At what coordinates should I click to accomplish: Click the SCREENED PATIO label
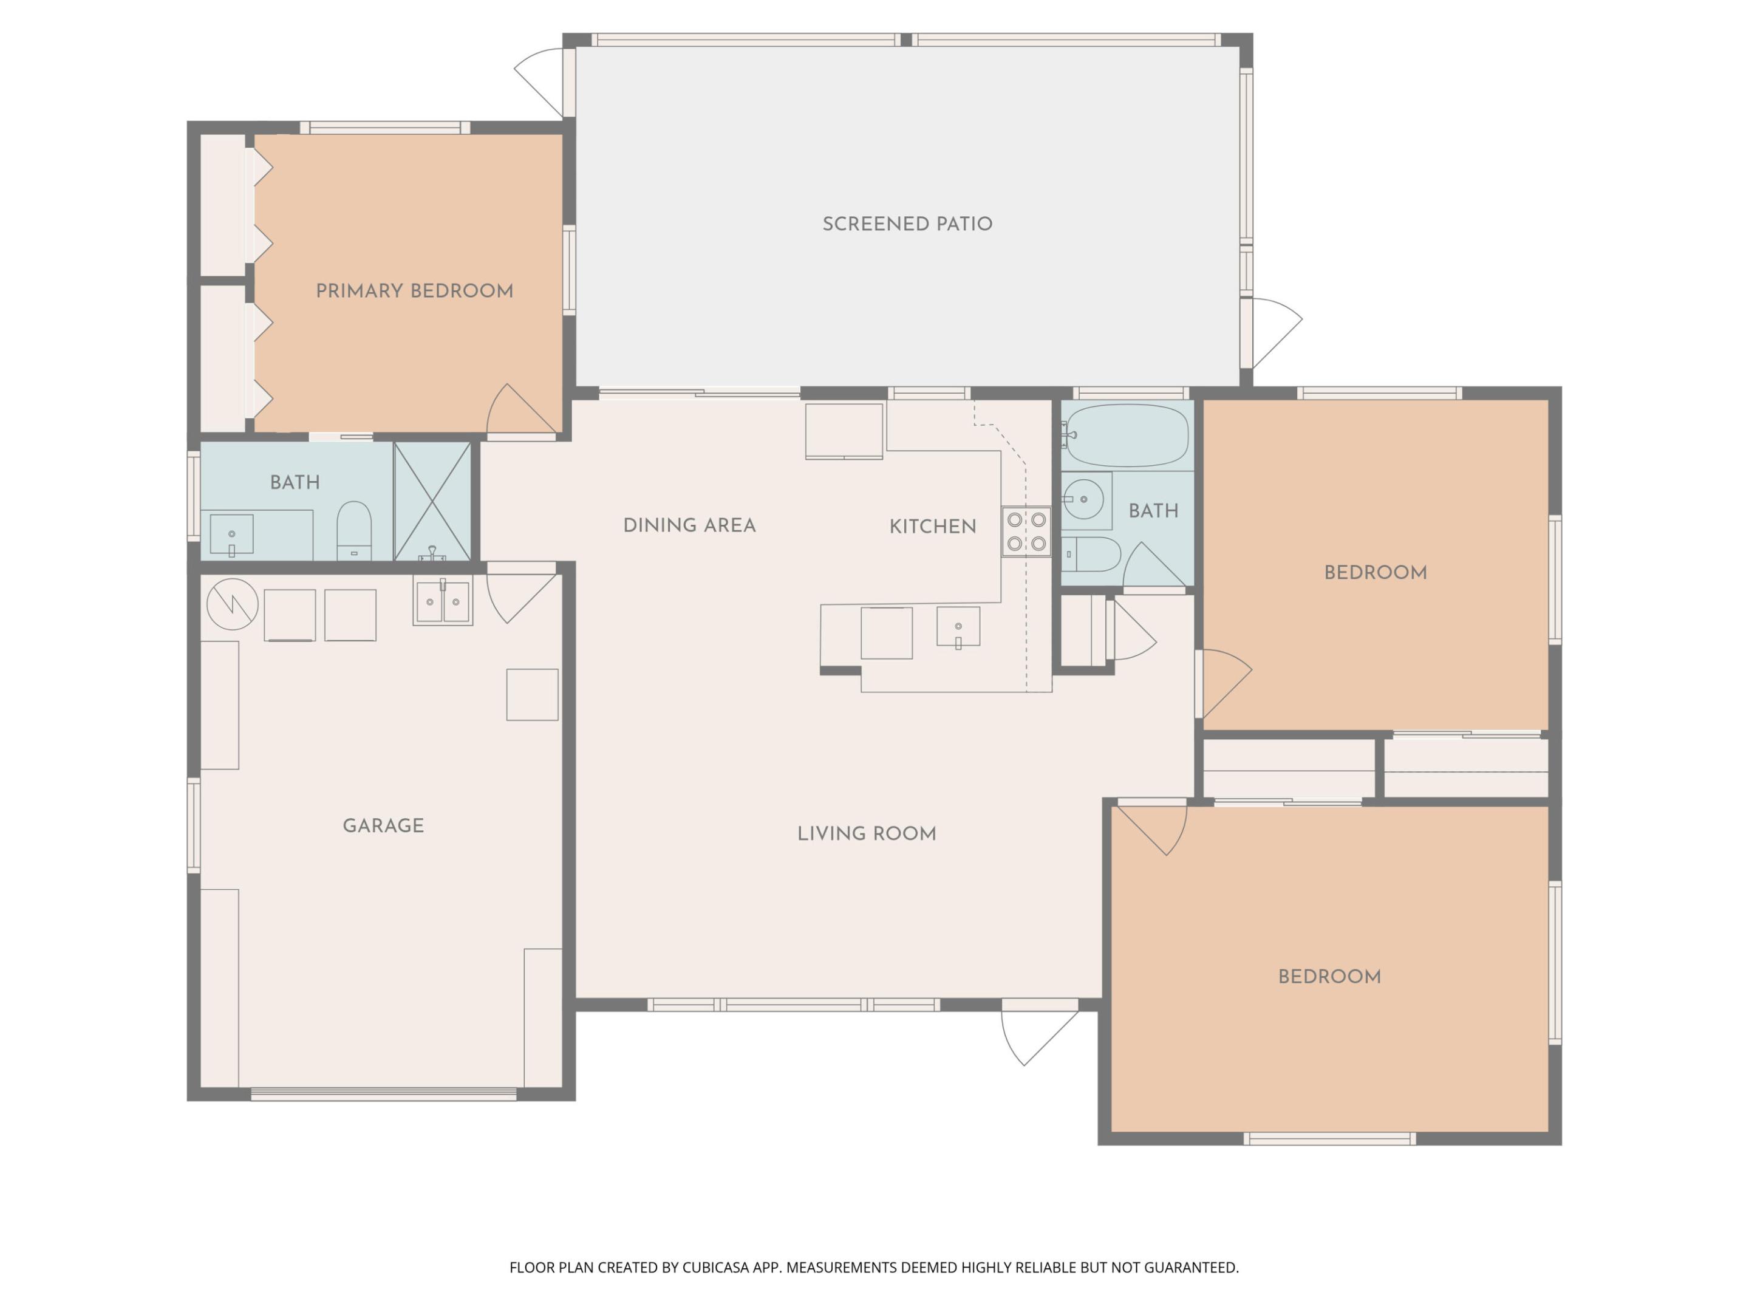pos(907,224)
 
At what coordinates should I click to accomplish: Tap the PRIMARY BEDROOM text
pos(414,291)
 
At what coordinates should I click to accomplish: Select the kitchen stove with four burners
pos(1026,531)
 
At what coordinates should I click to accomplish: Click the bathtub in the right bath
pos(1126,436)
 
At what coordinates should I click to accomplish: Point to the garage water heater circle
pos(233,604)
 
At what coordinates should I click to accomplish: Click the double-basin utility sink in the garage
pos(443,602)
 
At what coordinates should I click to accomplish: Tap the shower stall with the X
pos(432,501)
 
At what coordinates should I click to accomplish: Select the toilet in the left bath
pos(353,528)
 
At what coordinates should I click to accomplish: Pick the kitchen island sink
pos(958,626)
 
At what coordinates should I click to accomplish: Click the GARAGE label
pos(383,825)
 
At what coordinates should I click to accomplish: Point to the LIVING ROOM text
pos(866,833)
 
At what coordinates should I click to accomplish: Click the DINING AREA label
pos(689,525)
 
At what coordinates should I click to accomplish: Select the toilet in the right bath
pos(1091,555)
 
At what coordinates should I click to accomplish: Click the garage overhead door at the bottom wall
pos(383,1095)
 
